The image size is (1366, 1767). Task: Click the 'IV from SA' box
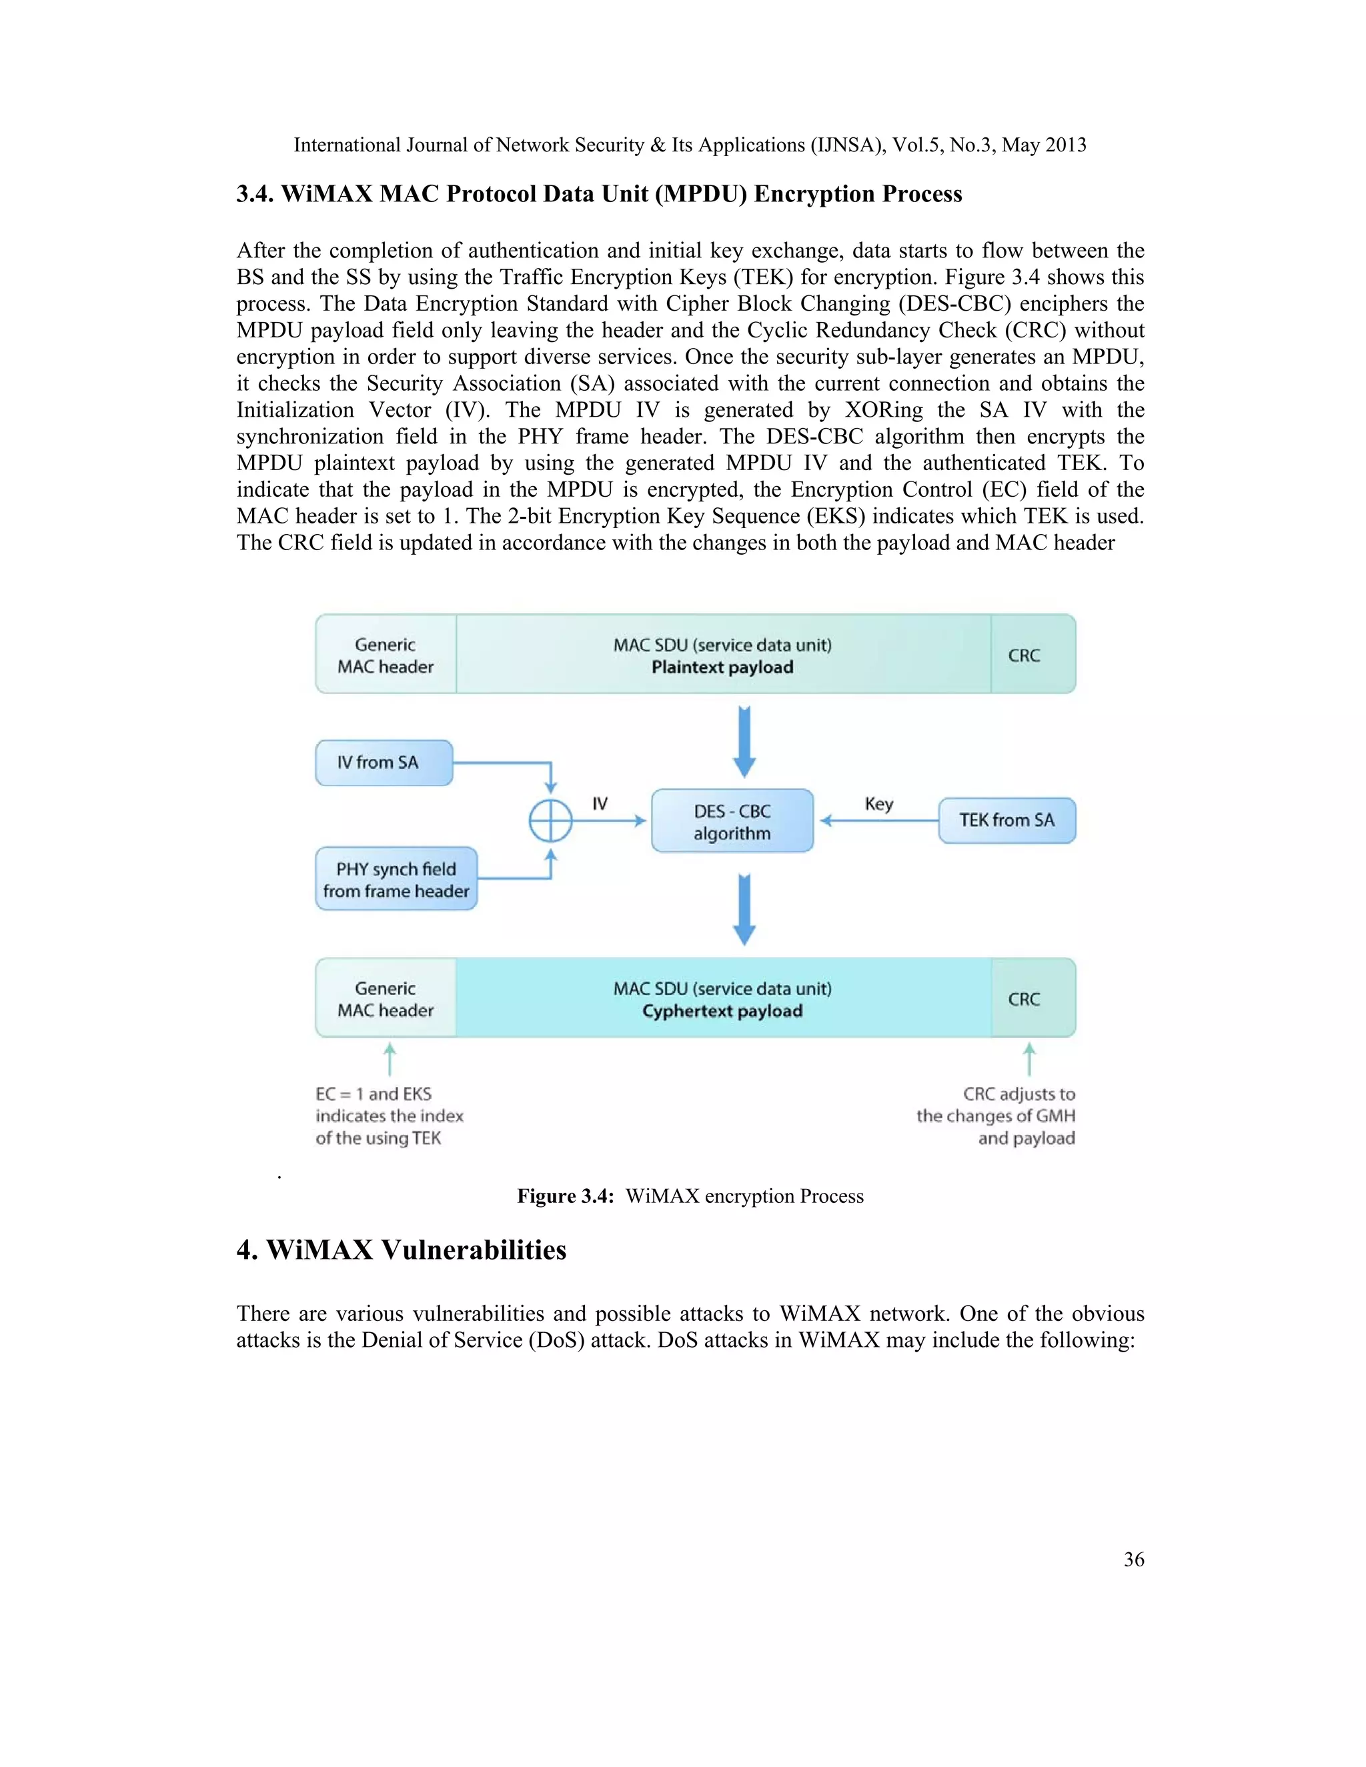click(384, 762)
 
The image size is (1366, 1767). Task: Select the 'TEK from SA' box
click(1006, 820)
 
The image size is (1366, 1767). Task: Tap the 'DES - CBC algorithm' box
click(732, 821)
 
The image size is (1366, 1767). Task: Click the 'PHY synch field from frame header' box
click(396, 879)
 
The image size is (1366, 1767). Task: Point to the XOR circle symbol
click(550, 822)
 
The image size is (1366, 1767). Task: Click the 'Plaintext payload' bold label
click(722, 667)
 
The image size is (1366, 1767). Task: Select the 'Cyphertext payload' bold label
click(722, 1012)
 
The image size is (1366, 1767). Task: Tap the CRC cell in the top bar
click(1024, 655)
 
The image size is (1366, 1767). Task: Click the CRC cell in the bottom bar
click(1024, 1000)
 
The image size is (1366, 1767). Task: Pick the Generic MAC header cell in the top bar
click(386, 655)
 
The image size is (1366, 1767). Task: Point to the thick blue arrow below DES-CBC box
click(744, 910)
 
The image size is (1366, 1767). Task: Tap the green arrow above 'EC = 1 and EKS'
click(390, 1058)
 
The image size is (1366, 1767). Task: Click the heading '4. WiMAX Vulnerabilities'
click(402, 1250)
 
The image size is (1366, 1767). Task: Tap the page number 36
click(1133, 1559)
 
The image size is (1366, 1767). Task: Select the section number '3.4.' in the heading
click(255, 194)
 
